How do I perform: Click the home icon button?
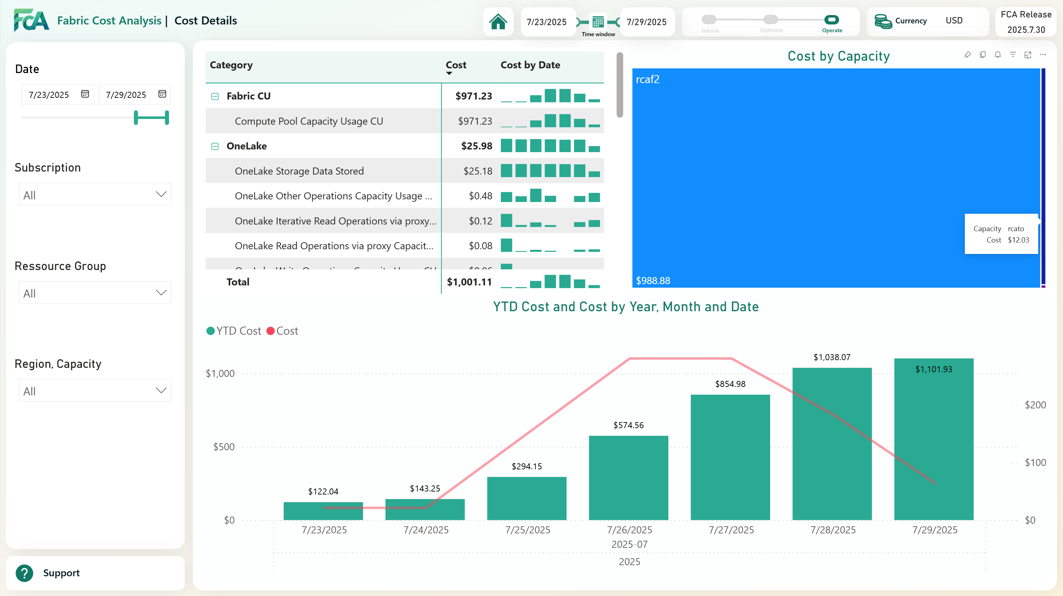(498, 22)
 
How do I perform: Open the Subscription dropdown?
(95, 194)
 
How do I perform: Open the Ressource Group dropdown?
(95, 292)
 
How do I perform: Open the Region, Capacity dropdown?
(95, 390)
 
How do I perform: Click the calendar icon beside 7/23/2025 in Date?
(85, 94)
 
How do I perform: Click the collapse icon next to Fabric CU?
(215, 96)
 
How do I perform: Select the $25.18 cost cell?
(477, 171)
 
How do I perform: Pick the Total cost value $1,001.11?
(469, 282)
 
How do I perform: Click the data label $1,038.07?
(832, 357)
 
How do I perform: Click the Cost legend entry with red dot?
(283, 331)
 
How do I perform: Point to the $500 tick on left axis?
(224, 447)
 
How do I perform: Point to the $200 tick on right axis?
(1035, 405)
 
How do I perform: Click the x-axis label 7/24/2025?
(426, 530)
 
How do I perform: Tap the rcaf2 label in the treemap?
(648, 79)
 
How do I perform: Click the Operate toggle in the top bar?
(832, 20)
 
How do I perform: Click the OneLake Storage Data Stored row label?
(299, 171)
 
